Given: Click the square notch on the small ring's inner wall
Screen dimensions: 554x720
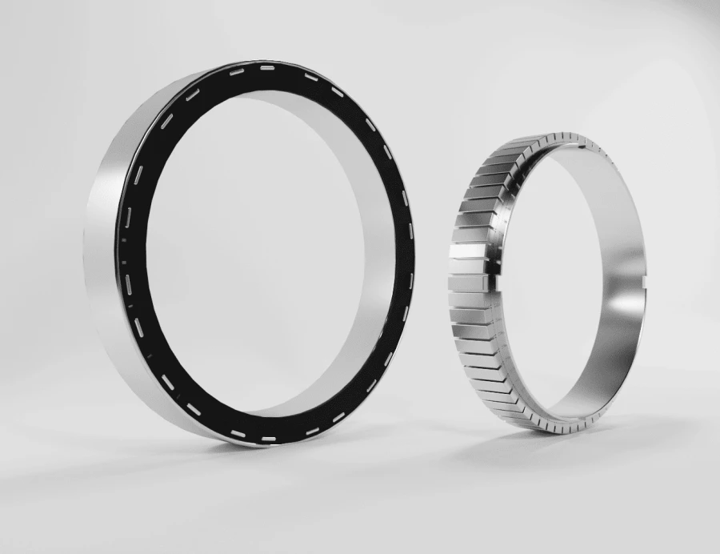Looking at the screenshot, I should [645, 280].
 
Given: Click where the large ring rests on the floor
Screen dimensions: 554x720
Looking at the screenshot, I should [240, 445].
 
